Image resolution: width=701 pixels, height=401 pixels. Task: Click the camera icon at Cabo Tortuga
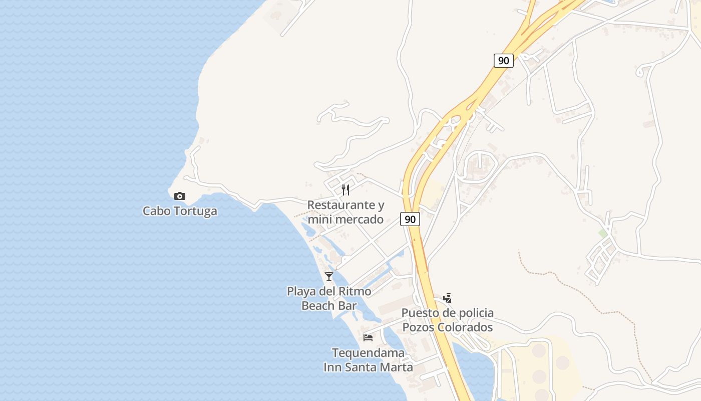tap(179, 196)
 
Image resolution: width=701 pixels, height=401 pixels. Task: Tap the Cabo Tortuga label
tap(180, 211)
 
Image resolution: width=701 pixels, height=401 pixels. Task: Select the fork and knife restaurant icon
tap(345, 189)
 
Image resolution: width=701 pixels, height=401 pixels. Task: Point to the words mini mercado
tap(345, 220)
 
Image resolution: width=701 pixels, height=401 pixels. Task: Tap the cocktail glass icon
tap(329, 276)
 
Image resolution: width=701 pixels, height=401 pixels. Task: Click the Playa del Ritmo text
tap(329, 291)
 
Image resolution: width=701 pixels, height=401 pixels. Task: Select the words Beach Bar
tap(329, 305)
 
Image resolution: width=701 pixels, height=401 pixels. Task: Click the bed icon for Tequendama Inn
tap(368, 337)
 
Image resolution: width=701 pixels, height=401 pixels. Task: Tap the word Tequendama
tap(368, 353)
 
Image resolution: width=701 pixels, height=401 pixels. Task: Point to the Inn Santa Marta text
tap(368, 367)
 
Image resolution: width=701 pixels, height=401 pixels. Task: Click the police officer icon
tap(448, 298)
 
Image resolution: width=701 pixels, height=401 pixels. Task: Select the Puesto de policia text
tap(448, 313)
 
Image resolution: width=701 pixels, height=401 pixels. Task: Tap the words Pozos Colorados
tap(448, 327)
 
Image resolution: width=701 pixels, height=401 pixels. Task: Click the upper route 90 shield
tap(503, 61)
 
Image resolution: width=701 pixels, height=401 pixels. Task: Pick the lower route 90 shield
tap(410, 219)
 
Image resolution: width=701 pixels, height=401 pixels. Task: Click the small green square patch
tap(603, 233)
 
